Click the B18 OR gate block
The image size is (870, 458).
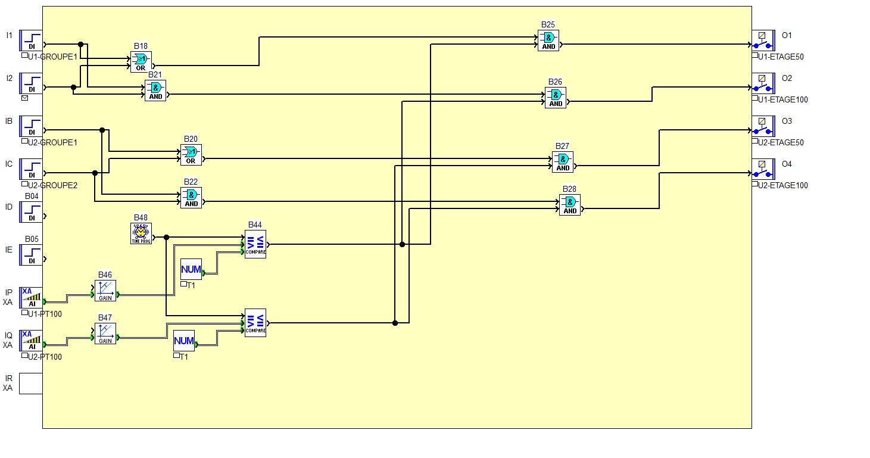pyautogui.click(x=141, y=61)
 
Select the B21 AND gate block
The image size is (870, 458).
pyautogui.click(x=155, y=90)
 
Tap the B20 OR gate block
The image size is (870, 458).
pyautogui.click(x=191, y=154)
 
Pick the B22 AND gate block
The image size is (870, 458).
pyautogui.click(x=191, y=197)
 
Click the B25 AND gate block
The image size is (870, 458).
pyautogui.click(x=548, y=40)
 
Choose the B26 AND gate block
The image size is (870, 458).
pyautogui.click(x=556, y=97)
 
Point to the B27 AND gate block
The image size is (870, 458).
pyautogui.click(x=563, y=161)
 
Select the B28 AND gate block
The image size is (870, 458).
pyautogui.click(x=570, y=204)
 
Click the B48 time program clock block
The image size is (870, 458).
pyautogui.click(x=141, y=233)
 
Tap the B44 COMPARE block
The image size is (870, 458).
pyautogui.click(x=255, y=244)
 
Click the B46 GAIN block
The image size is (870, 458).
pyautogui.click(x=105, y=290)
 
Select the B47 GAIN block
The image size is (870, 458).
pyautogui.click(x=105, y=333)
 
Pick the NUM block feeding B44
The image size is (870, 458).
pyautogui.click(x=191, y=269)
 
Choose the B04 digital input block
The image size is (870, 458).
pyautogui.click(x=31, y=211)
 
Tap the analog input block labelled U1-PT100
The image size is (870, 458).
pyautogui.click(x=31, y=297)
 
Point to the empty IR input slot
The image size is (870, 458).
pyautogui.click(x=31, y=383)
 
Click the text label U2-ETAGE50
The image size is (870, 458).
pyautogui.click(x=781, y=143)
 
